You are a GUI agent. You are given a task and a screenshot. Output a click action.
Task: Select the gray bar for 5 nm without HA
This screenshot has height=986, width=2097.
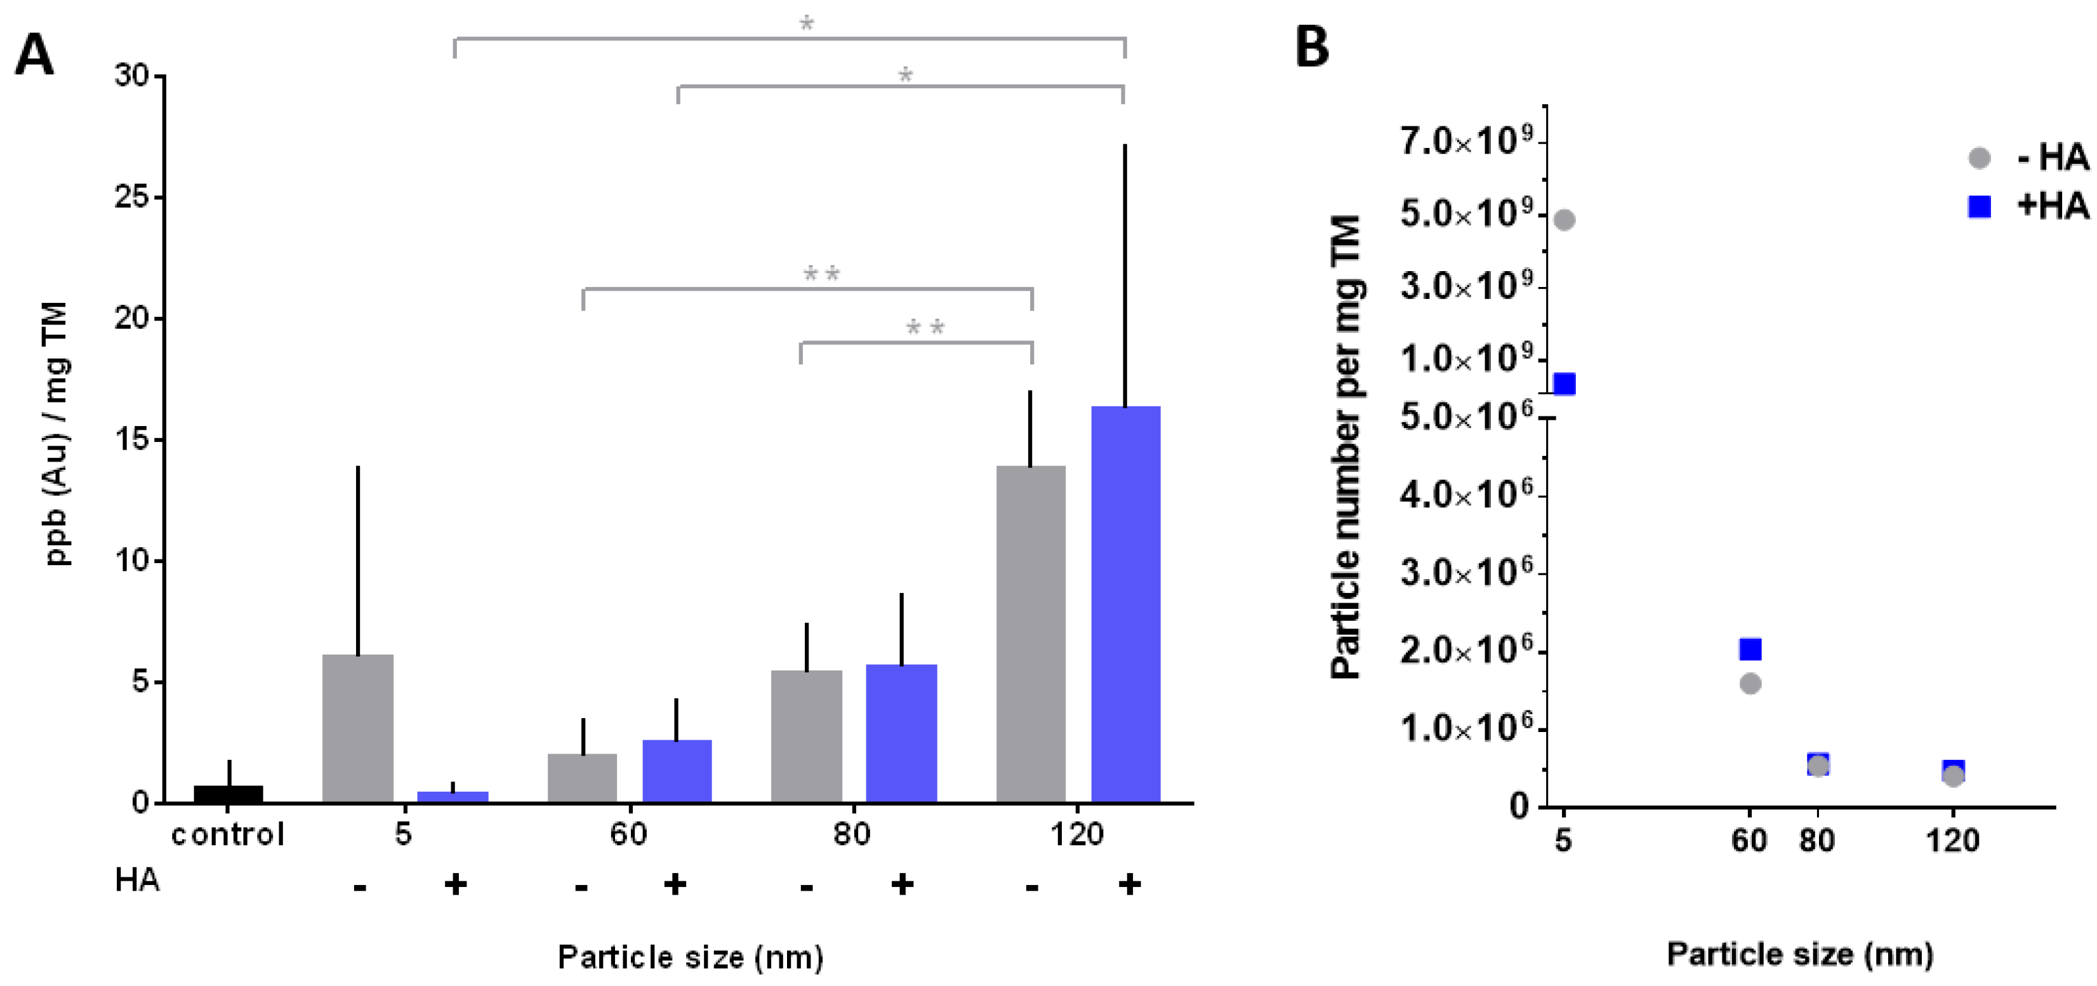click(x=357, y=729)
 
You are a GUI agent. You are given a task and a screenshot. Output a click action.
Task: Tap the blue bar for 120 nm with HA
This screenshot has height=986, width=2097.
click(x=1125, y=604)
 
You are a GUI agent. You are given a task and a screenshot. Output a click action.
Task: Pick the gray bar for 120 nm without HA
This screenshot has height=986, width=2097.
click(x=1031, y=634)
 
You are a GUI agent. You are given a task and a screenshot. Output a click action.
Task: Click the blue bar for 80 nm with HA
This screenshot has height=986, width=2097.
click(x=901, y=733)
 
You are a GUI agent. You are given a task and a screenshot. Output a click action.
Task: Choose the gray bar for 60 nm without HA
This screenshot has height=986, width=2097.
click(x=582, y=778)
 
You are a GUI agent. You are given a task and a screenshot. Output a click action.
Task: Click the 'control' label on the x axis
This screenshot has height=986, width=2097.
click(x=228, y=834)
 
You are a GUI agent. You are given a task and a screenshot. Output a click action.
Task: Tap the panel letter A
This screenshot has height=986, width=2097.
click(x=34, y=55)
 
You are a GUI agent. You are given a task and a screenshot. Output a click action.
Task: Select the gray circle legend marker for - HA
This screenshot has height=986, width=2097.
click(x=1979, y=158)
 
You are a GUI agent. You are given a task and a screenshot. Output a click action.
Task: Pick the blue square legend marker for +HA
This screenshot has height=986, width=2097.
click(x=1979, y=207)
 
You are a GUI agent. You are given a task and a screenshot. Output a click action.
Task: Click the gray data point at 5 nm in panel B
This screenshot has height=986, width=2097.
click(x=1564, y=220)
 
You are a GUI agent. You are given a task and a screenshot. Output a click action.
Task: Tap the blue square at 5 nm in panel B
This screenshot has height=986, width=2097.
click(x=1564, y=383)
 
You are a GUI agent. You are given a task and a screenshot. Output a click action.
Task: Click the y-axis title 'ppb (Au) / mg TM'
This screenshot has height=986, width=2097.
click(x=57, y=433)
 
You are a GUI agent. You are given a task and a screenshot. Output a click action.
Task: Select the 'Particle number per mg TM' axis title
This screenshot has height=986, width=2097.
click(x=1346, y=447)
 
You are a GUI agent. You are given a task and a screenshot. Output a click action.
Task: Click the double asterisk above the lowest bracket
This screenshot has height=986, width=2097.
click(x=925, y=328)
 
